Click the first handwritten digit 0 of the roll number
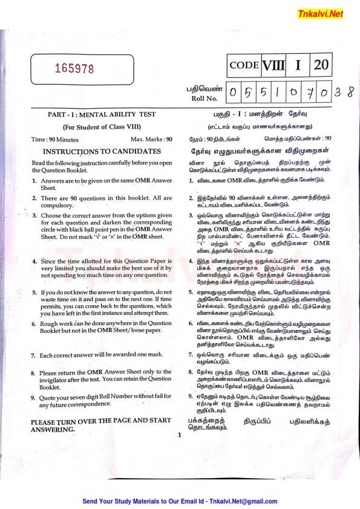pos(234,94)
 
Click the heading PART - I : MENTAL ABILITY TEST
pos(101,114)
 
